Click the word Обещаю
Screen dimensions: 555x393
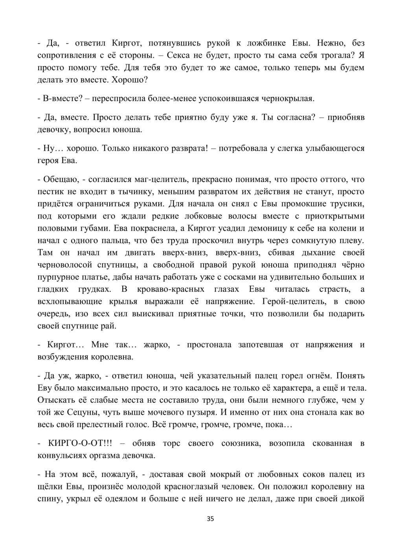pos(60,179)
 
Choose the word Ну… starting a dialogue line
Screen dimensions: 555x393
pos(52,148)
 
